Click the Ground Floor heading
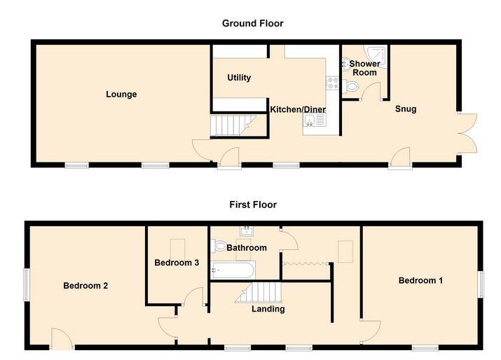tap(252, 24)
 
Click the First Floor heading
tap(253, 205)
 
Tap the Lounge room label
tap(121, 95)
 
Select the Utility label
tap(239, 78)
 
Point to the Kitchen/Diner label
tap(298, 109)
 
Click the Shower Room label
tap(364, 68)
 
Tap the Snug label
tap(406, 109)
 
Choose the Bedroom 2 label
tap(85, 286)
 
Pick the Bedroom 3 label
tap(177, 263)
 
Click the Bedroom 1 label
tap(420, 280)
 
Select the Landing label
tap(268, 309)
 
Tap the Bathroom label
tap(247, 247)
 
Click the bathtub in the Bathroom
tap(233, 270)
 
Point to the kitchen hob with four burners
tap(332, 83)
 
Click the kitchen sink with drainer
tap(315, 120)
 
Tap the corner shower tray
tap(376, 56)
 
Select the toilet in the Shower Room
tap(351, 86)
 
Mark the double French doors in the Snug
tap(467, 133)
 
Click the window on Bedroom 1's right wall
tap(481, 284)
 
